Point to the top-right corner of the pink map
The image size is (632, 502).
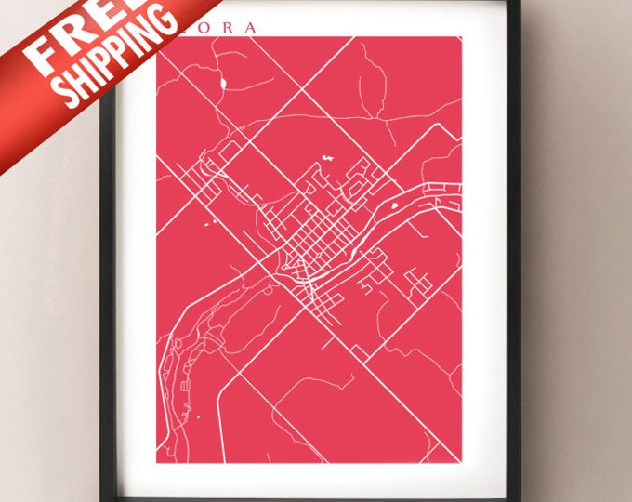[461, 38]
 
